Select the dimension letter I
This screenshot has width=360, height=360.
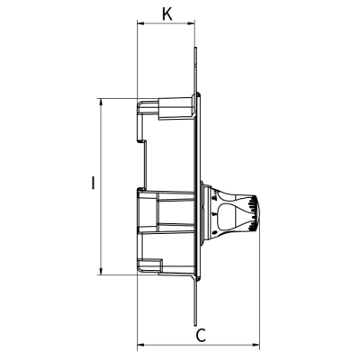point(93,184)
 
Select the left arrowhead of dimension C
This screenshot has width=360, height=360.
point(139,346)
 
